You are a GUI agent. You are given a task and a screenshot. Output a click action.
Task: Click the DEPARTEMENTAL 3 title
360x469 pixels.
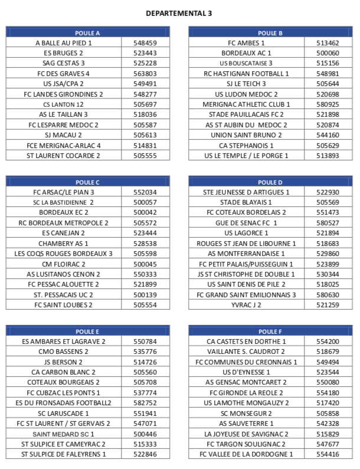pos(179,13)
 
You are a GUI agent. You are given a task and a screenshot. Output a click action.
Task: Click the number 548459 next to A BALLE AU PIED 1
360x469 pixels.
pos(145,43)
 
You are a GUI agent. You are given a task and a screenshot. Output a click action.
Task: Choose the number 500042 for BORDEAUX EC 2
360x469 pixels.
pos(145,212)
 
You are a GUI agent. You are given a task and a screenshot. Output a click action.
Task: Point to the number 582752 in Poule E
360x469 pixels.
pos(145,402)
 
